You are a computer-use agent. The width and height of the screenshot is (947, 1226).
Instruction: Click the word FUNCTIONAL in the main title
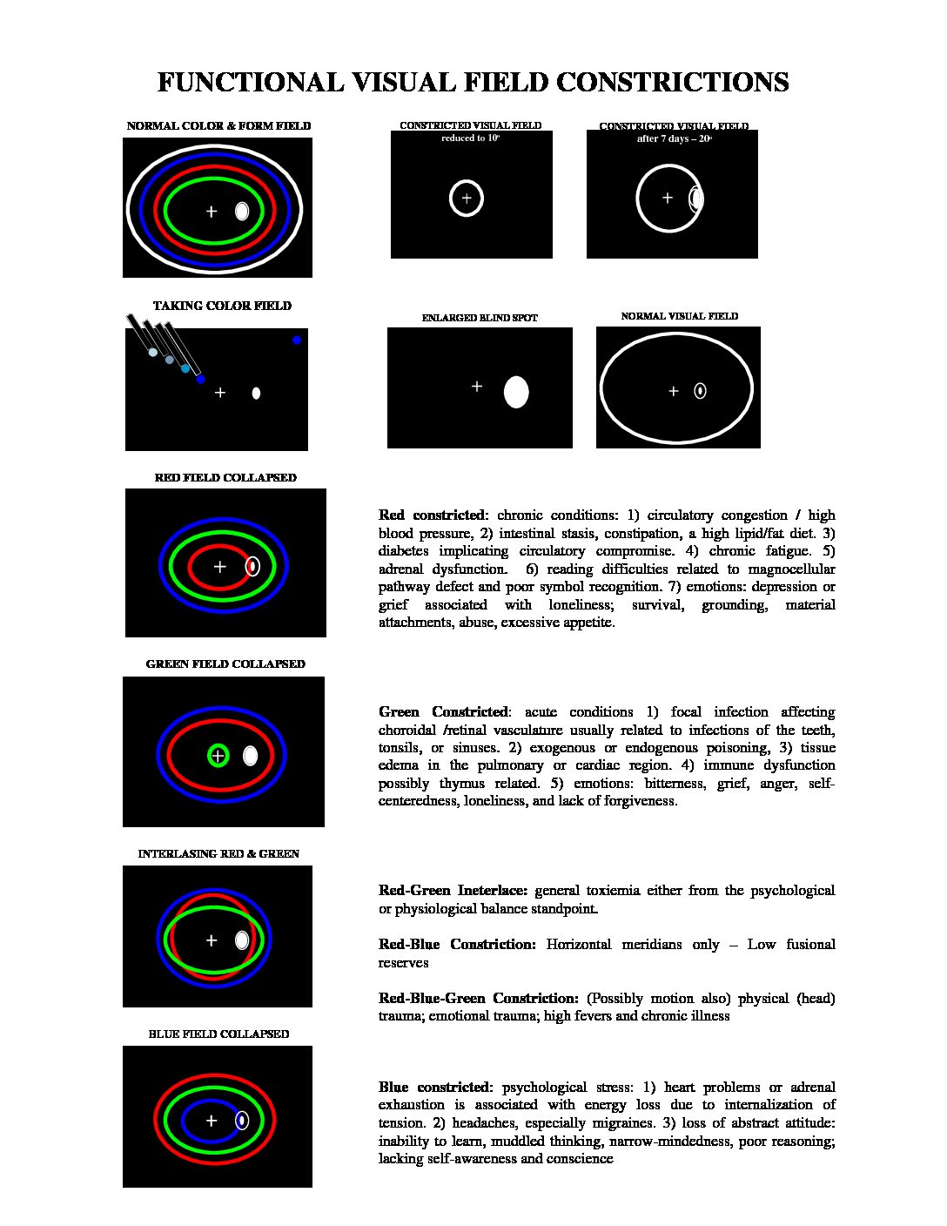pyautogui.click(x=251, y=83)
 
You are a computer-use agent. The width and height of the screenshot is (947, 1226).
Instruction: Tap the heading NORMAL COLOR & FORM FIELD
pyautogui.click(x=218, y=126)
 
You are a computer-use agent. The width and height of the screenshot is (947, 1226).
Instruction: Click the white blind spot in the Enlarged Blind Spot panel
pyautogui.click(x=516, y=393)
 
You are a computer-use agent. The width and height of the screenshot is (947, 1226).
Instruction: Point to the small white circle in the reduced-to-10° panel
pyautogui.click(x=467, y=199)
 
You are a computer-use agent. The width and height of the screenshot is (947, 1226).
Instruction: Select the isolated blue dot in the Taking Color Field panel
pyautogui.click(x=297, y=340)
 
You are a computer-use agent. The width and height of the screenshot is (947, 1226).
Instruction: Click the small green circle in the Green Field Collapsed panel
pyautogui.click(x=218, y=756)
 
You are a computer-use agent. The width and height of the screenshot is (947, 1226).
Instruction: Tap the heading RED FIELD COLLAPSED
pyautogui.click(x=225, y=478)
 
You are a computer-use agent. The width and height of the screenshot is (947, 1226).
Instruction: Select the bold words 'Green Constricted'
pyautogui.click(x=443, y=712)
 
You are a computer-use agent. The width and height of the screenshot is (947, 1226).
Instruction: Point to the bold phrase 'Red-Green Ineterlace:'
pyautogui.click(x=453, y=891)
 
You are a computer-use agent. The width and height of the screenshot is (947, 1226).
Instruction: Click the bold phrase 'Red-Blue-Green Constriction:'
pyautogui.click(x=478, y=999)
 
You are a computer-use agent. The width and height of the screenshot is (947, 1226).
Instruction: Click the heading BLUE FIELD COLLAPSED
pyautogui.click(x=218, y=1034)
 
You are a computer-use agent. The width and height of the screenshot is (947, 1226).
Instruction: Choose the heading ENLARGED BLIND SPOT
pyautogui.click(x=480, y=319)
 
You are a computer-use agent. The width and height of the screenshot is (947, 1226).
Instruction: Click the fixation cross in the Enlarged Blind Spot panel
pyautogui.click(x=477, y=387)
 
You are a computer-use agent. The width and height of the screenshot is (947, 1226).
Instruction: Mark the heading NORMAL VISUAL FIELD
pyautogui.click(x=679, y=316)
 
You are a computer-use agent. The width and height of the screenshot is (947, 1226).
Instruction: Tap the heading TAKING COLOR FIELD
pyautogui.click(x=222, y=306)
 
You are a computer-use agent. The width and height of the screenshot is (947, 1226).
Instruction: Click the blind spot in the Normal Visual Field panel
pyautogui.click(x=700, y=391)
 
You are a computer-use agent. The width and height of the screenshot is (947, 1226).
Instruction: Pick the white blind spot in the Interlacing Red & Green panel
pyautogui.click(x=242, y=940)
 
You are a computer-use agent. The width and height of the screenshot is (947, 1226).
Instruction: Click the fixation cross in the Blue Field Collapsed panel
pyautogui.click(x=211, y=1121)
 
